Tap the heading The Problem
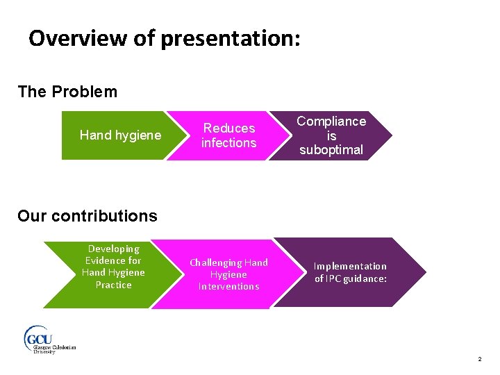67,92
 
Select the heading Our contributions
87,216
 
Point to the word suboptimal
331,150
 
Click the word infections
228,143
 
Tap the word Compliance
331,121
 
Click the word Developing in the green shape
113,249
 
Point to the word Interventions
228,286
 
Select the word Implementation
350,266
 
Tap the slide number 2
479,359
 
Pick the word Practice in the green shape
113,285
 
